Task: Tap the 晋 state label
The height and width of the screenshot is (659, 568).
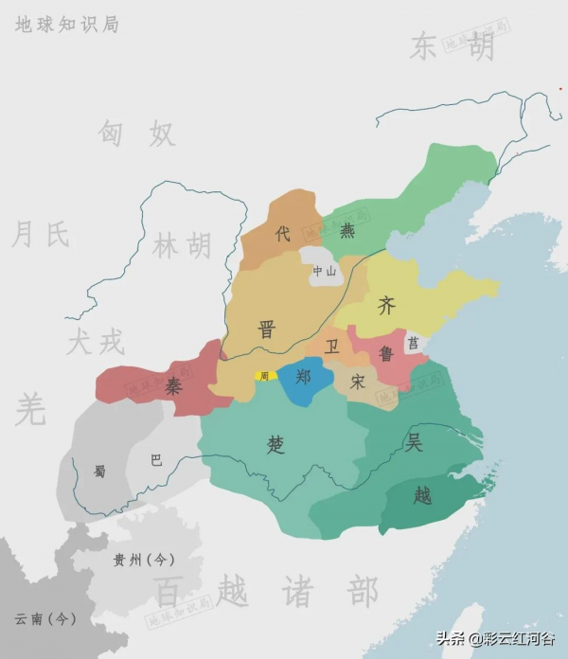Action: [267, 329]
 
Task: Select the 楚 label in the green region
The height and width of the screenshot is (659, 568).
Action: [276, 445]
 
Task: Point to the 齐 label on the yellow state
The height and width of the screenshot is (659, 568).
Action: [386, 306]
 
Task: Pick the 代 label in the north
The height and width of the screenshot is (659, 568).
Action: [282, 234]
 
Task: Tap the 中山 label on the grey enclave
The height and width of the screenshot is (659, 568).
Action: [324, 271]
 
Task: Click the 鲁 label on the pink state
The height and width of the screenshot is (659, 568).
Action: [386, 354]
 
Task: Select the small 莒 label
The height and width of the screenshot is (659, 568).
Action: [413, 343]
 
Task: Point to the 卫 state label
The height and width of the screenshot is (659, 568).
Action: [331, 347]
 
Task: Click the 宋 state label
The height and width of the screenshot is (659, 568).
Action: [357, 383]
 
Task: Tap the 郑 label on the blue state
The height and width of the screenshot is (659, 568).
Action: [303, 377]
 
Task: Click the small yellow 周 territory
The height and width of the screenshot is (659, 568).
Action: [264, 376]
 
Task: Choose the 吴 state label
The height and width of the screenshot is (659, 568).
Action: [414, 440]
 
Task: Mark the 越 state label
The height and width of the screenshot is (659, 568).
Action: [422, 493]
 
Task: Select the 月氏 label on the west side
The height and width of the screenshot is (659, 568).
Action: [40, 233]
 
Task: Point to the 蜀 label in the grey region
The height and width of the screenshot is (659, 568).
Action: [98, 471]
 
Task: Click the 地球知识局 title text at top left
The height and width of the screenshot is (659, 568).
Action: [66, 25]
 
